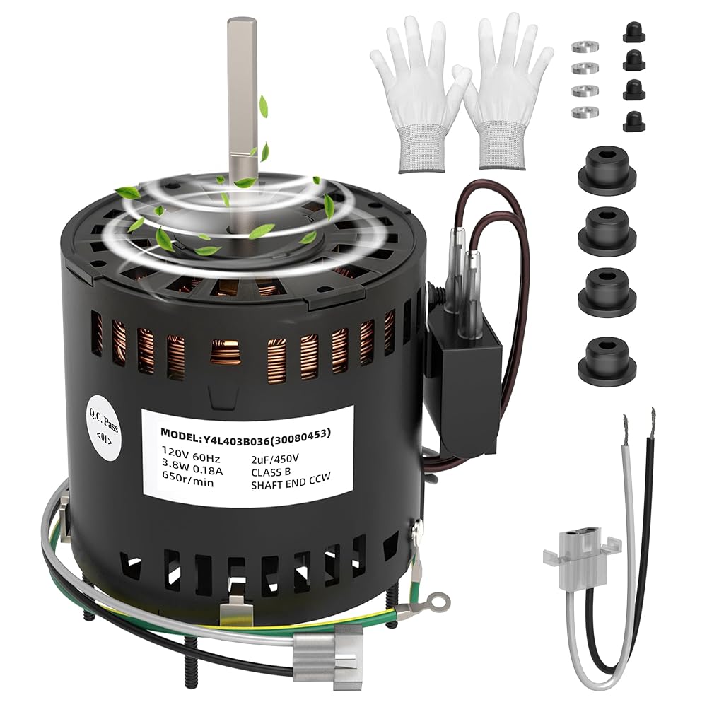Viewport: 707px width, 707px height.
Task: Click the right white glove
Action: tap(503, 95)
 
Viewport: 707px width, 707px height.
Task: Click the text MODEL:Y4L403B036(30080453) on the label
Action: tap(246, 433)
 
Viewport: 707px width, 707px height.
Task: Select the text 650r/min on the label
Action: tap(188, 482)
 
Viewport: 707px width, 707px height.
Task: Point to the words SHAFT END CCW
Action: tap(291, 480)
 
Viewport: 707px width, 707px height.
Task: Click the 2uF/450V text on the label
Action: tap(275, 459)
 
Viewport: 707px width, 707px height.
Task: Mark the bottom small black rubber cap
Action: tap(634, 121)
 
